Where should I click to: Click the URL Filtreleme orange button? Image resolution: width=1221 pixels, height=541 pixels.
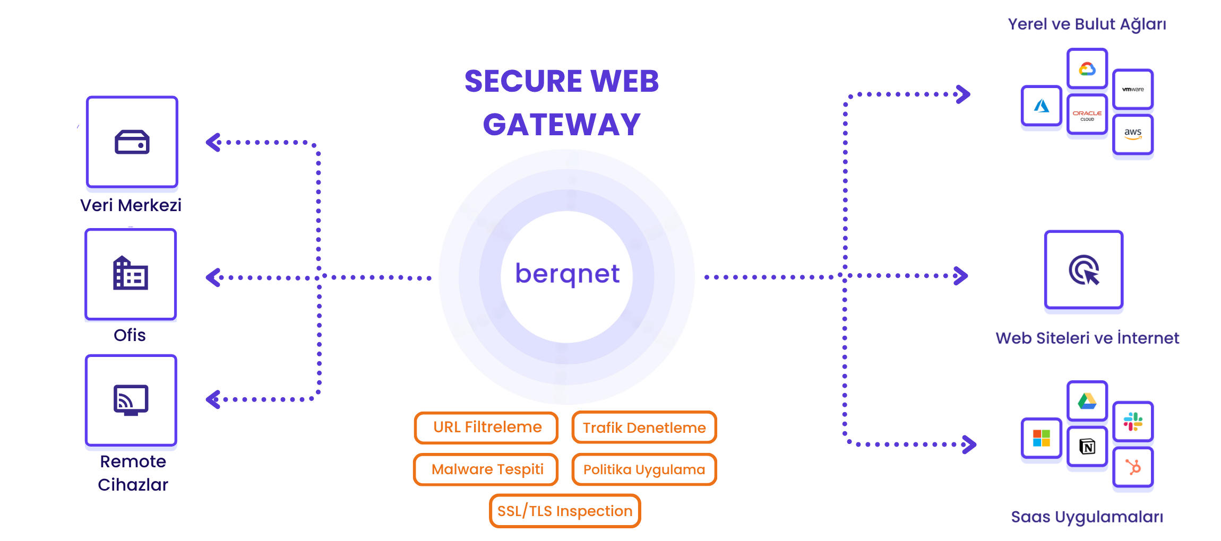coord(486,427)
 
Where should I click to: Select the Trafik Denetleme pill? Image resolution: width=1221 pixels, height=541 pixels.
coord(644,427)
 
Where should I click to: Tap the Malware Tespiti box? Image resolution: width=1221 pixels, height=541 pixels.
coord(486,469)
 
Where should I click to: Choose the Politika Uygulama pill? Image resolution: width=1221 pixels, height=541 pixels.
coord(644,469)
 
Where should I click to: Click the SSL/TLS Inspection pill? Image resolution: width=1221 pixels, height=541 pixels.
coord(565,511)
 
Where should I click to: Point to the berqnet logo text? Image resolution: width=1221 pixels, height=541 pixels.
coord(567,274)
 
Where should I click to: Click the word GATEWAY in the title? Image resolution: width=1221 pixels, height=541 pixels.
coord(562,125)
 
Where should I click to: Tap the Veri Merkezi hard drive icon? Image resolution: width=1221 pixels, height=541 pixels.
coord(132,142)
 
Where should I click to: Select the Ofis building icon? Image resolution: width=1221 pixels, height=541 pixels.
coord(131,274)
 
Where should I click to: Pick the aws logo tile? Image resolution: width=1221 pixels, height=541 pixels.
coord(1132,134)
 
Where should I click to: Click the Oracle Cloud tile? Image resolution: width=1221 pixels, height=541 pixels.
coord(1087,115)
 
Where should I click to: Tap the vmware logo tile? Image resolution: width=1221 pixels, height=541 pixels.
coord(1132,89)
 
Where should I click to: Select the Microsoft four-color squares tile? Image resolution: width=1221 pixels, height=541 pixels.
coord(1041,439)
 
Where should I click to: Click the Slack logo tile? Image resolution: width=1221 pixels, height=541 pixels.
coord(1132,422)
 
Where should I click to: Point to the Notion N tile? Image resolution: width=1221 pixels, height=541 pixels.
coord(1087,447)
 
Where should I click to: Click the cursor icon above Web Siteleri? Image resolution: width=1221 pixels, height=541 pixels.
coord(1084,270)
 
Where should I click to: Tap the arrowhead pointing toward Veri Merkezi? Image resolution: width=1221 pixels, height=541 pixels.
coord(213,142)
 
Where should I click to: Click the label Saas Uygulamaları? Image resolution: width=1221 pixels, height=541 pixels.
coord(1087,517)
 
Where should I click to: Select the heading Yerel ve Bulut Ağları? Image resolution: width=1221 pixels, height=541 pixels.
coord(1087,24)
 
